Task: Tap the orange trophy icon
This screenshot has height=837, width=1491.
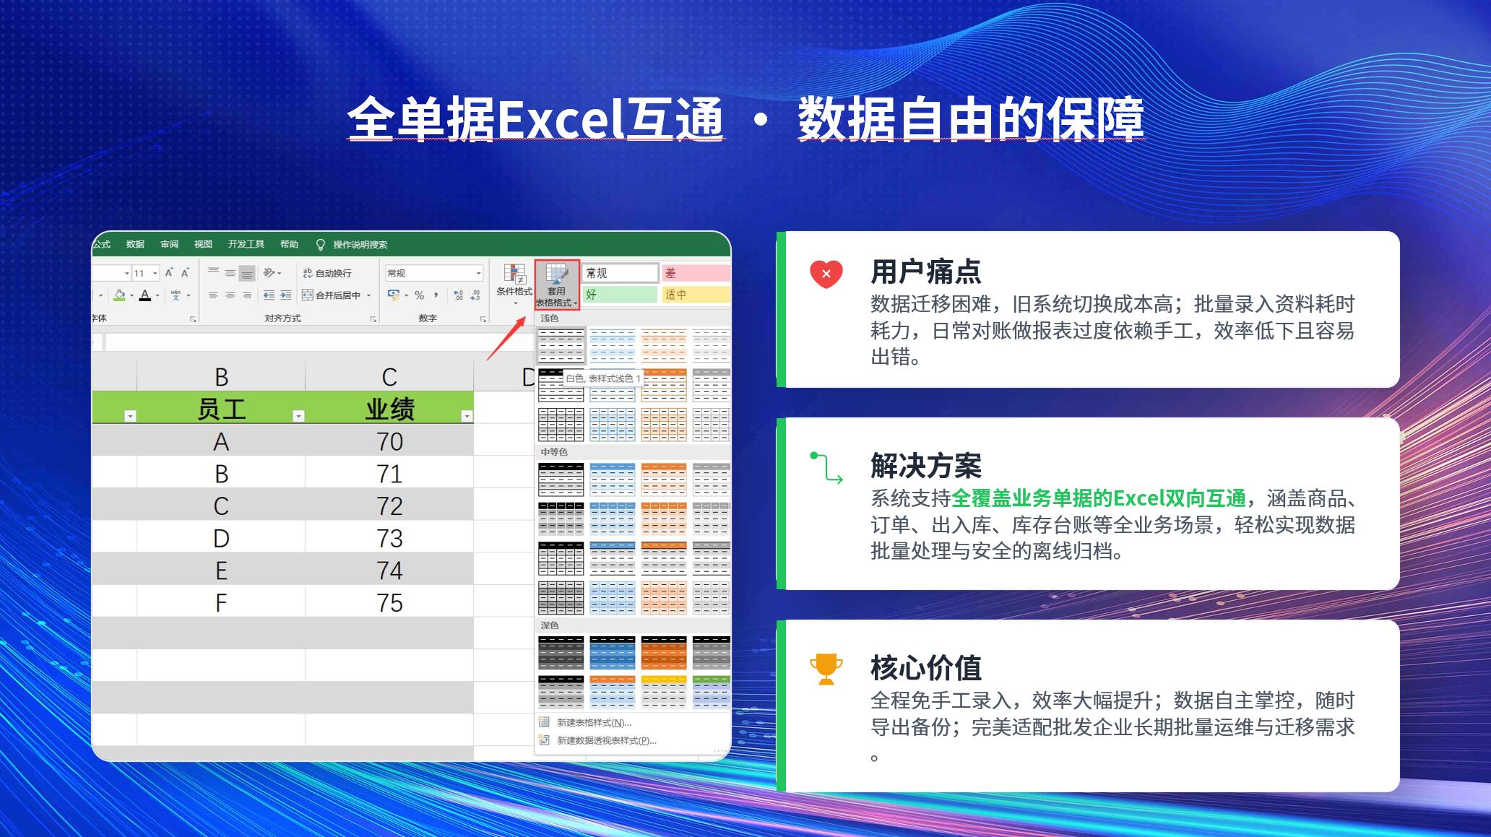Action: pos(826,669)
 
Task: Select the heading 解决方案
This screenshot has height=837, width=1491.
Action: pos(926,467)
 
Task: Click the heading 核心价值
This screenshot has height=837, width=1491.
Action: pos(926,668)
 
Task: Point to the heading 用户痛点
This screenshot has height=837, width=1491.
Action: pos(926,272)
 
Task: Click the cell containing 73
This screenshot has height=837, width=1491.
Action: pos(389,538)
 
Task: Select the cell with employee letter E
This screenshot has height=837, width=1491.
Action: pos(221,571)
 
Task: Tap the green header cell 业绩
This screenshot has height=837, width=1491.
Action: pos(389,408)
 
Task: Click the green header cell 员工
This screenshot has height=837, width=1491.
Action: pos(221,408)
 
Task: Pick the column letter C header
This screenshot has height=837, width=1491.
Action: pos(389,376)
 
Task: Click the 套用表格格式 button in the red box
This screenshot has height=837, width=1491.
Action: pos(557,285)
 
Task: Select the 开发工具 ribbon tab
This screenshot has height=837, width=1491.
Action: pos(246,244)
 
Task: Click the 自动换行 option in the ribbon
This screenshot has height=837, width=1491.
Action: pos(327,273)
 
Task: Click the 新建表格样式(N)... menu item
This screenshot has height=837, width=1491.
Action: pos(594,722)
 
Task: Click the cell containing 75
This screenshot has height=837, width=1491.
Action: pos(389,602)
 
